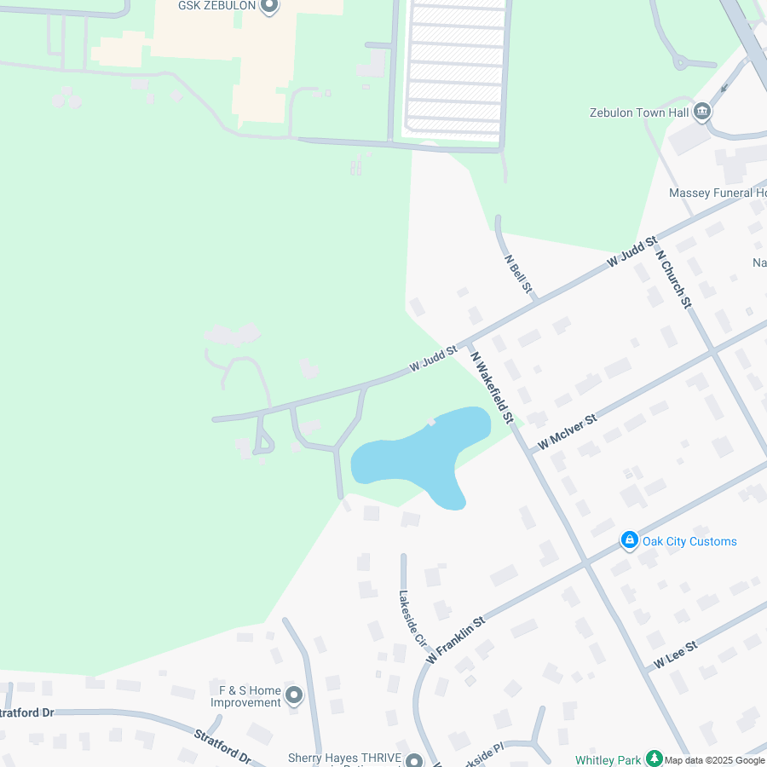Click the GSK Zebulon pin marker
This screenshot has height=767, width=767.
[269, 7]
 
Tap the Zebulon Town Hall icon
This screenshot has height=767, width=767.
[702, 112]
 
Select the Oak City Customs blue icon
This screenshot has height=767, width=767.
[630, 540]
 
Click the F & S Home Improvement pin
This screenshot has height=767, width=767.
[294, 695]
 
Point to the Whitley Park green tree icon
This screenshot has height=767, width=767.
[654, 758]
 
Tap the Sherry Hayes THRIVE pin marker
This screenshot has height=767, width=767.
[414, 760]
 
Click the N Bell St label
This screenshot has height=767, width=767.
[518, 274]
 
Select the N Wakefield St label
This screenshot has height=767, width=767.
[493, 388]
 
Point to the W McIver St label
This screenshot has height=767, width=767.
[568, 432]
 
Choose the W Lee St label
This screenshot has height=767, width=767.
[676, 655]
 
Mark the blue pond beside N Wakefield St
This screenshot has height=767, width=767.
[409, 460]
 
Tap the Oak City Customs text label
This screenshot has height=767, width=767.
[689, 541]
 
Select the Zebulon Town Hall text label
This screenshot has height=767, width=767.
[639, 112]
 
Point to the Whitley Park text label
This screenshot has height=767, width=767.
[608, 759]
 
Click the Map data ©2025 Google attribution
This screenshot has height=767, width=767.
[714, 760]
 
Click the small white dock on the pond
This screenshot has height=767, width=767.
[431, 421]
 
